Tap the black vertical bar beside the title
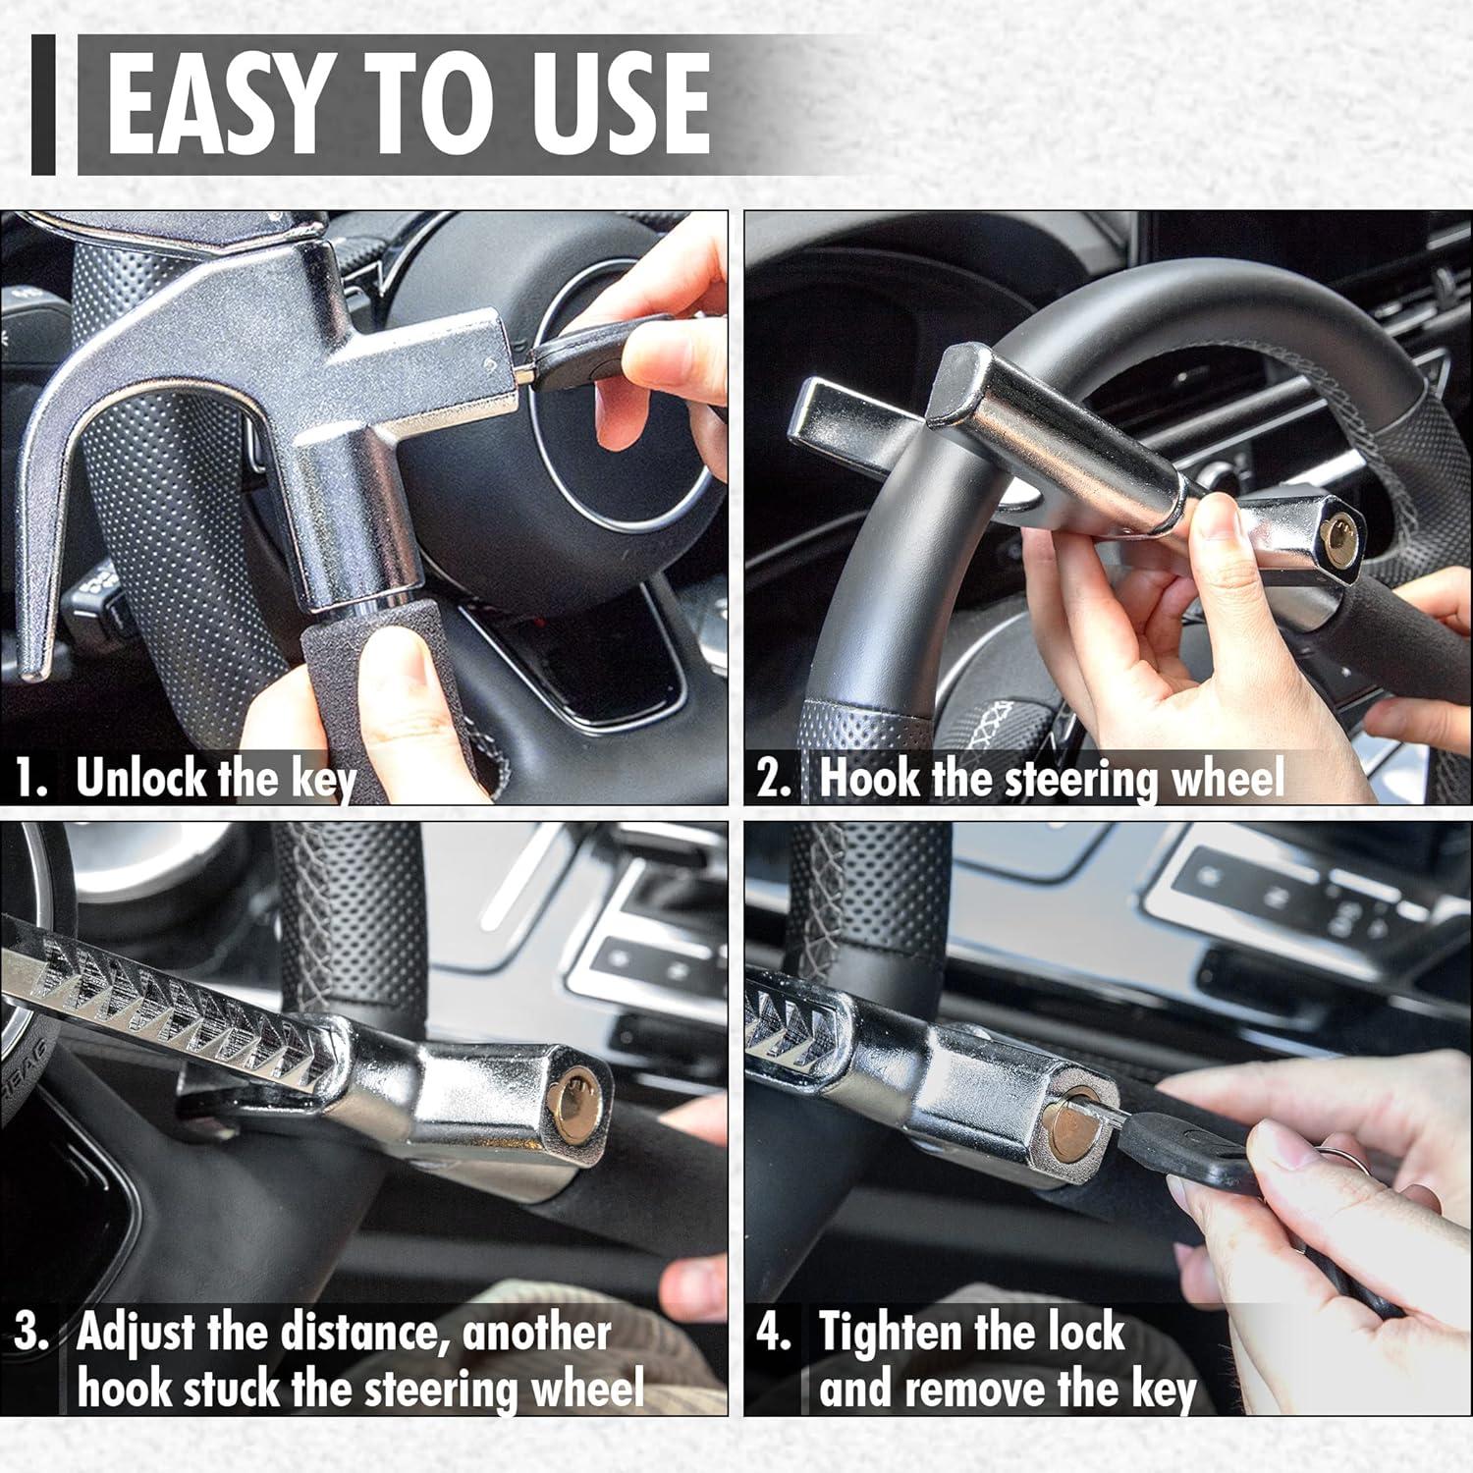(x=43, y=105)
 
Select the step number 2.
(x=773, y=779)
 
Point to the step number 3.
(x=31, y=1333)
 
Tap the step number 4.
(x=773, y=1333)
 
